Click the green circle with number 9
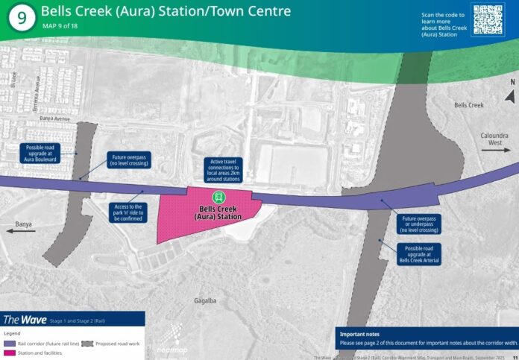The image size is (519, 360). (x=22, y=19)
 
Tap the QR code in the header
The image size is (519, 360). (x=488, y=19)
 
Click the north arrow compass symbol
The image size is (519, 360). (x=510, y=95)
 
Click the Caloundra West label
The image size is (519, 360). (x=496, y=136)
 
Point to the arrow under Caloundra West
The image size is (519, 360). (x=496, y=150)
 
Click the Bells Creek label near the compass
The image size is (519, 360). (x=470, y=106)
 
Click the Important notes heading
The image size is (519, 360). (x=360, y=333)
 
